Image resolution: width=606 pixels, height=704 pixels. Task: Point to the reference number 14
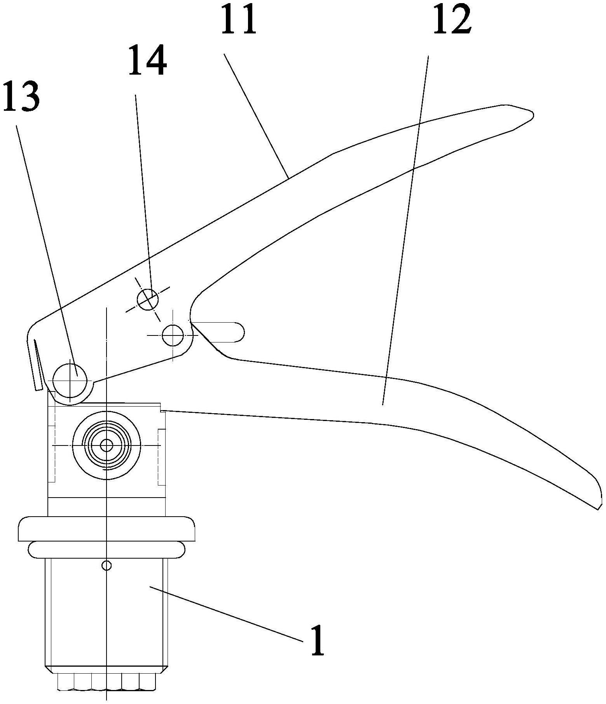[x=148, y=60]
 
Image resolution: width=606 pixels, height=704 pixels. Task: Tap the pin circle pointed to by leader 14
[x=148, y=300]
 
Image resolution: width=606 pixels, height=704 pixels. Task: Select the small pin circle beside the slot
[x=173, y=335]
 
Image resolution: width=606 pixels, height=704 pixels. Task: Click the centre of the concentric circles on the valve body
[x=106, y=445]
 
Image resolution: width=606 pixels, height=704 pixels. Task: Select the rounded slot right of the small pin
[x=222, y=332]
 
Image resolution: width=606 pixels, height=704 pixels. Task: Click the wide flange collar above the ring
[x=106, y=529]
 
